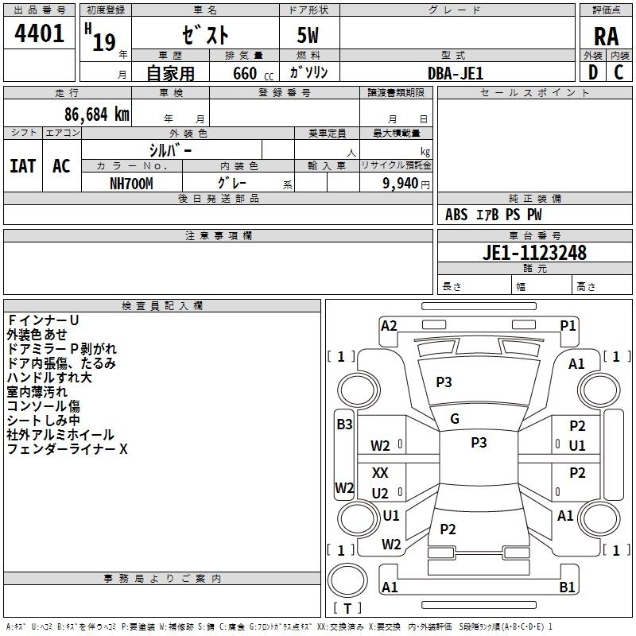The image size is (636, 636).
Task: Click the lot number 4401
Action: click(40, 34)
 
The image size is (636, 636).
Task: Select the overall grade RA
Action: click(606, 37)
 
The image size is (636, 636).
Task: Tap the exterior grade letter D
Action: click(592, 72)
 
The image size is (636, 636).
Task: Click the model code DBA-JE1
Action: click(455, 73)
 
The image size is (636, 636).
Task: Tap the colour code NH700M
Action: click(131, 184)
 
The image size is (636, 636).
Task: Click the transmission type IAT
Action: click(22, 166)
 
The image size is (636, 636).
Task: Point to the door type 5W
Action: click(308, 37)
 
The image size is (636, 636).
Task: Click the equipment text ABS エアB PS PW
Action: click(494, 215)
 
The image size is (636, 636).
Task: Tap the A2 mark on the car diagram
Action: click(389, 325)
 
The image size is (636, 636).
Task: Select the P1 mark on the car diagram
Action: click(568, 325)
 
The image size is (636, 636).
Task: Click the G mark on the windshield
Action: click(455, 418)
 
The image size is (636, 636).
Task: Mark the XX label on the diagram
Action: click(381, 473)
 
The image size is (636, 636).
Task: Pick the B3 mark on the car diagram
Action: click(344, 425)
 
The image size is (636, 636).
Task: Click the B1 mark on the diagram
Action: click(568, 588)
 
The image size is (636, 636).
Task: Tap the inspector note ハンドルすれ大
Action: click(49, 378)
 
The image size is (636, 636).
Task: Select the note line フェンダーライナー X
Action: click(68, 449)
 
